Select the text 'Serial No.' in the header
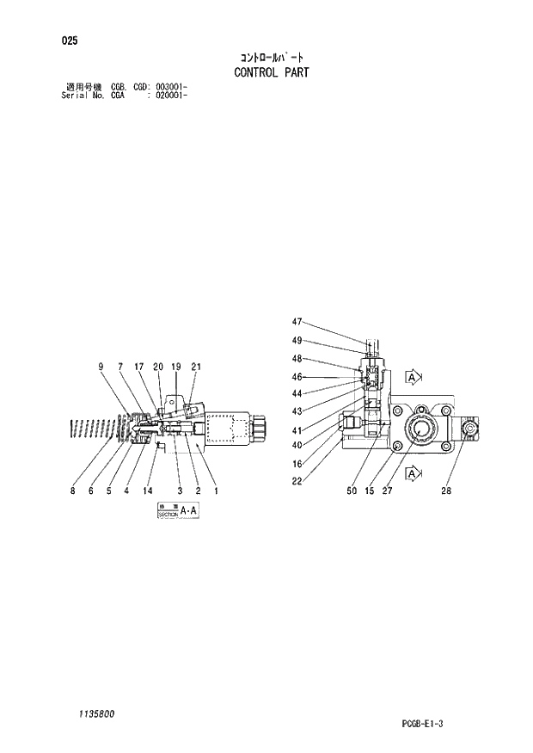pyautogui.click(x=80, y=96)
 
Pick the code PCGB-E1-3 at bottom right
pyautogui.click(x=421, y=723)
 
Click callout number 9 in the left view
pyautogui.click(x=101, y=367)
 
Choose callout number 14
pyautogui.click(x=148, y=491)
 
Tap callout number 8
pyautogui.click(x=73, y=491)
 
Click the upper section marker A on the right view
pyautogui.click(x=413, y=378)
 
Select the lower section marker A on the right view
pyautogui.click(x=413, y=474)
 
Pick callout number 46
pyautogui.click(x=297, y=377)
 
